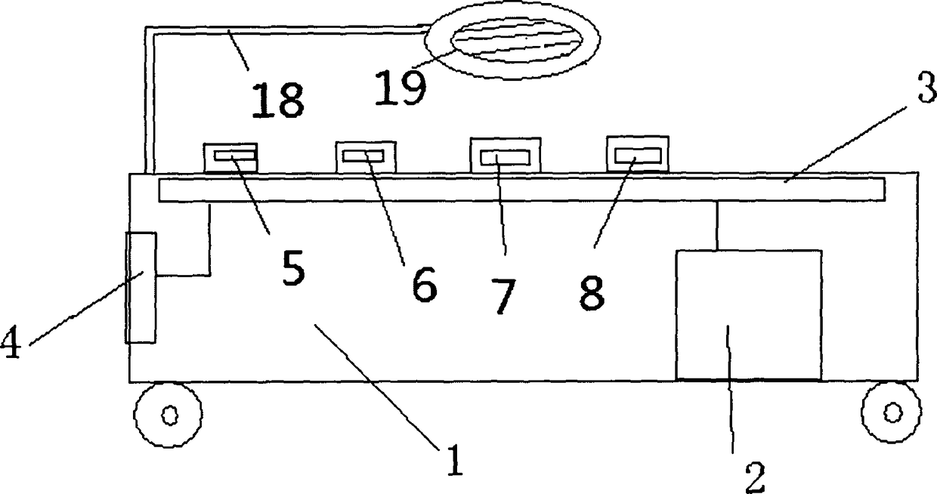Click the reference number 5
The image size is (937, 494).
pyautogui.click(x=293, y=269)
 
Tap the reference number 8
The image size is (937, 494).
pyautogui.click(x=592, y=292)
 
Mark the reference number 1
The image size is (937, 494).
pyautogui.click(x=453, y=461)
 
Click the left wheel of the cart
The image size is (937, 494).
pyautogui.click(x=168, y=415)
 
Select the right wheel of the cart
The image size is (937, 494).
pyautogui.click(x=892, y=412)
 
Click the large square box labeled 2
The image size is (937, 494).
pyautogui.click(x=748, y=314)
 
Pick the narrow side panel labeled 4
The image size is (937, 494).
pyautogui.click(x=141, y=288)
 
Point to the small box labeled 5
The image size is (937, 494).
pyautogui.click(x=230, y=157)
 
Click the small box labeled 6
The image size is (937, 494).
pyautogui.click(x=365, y=156)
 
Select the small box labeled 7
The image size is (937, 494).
pyautogui.click(x=505, y=156)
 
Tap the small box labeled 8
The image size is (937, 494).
pyautogui.click(x=638, y=155)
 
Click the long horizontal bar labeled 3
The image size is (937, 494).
pyautogui.click(x=521, y=190)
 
